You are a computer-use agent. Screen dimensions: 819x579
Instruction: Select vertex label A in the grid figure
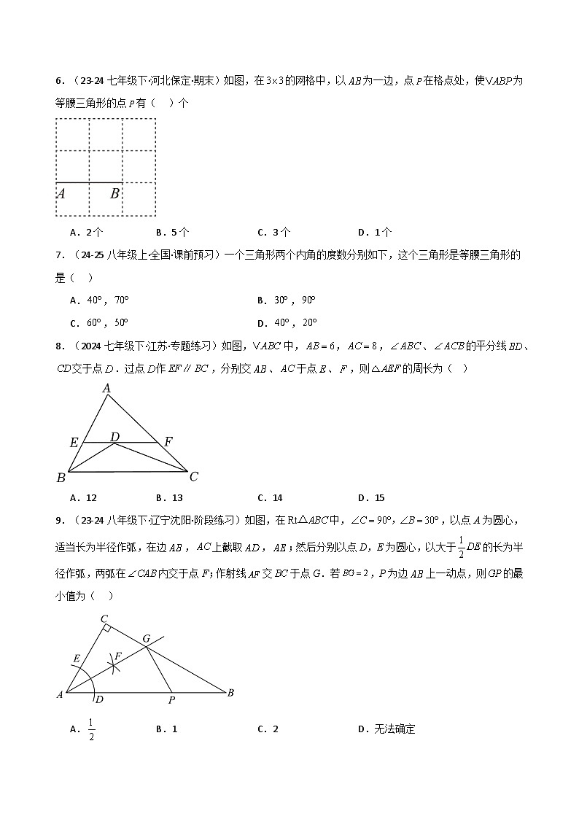pyautogui.click(x=61, y=193)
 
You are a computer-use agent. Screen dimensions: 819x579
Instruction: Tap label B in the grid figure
pyautogui.click(x=115, y=193)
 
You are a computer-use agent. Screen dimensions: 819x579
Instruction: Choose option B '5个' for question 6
pyautogui.click(x=173, y=232)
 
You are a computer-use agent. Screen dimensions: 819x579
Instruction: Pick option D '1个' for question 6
pyautogui.click(x=375, y=232)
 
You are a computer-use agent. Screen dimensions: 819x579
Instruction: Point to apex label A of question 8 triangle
pyautogui.click(x=106, y=389)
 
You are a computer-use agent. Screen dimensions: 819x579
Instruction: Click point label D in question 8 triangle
pyautogui.click(x=114, y=436)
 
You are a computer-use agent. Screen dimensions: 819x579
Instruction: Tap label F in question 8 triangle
pyautogui.click(x=168, y=441)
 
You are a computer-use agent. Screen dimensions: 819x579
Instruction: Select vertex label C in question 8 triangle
pyautogui.click(x=193, y=477)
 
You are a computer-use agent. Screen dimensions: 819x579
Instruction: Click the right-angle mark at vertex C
pyautogui.click(x=106, y=627)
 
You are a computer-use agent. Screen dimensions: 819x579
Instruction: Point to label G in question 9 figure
pyautogui.click(x=146, y=639)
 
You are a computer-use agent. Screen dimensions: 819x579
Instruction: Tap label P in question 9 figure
pyautogui.click(x=172, y=700)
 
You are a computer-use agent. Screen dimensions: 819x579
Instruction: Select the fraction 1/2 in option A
pyautogui.click(x=92, y=729)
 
